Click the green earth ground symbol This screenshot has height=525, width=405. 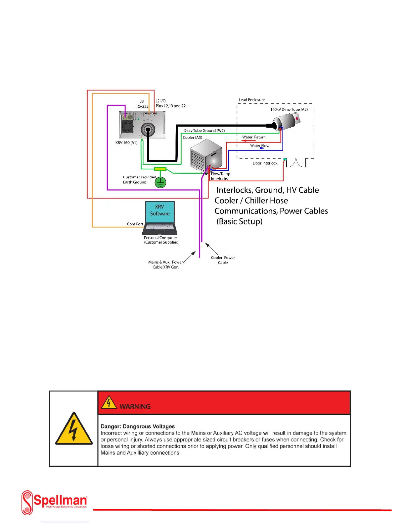click(160, 182)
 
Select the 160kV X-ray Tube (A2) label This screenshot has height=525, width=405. click(289, 109)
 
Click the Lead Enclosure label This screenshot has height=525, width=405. click(252, 100)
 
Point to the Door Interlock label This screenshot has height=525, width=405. click(265, 163)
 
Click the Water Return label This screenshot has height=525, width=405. click(254, 137)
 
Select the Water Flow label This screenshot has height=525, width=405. click(260, 146)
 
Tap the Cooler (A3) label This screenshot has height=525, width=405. click(192, 138)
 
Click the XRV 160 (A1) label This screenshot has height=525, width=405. click(126, 143)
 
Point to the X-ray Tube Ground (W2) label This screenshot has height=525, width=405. click(204, 131)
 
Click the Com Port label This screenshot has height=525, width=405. click(135, 224)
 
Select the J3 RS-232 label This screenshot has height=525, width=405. click(142, 104)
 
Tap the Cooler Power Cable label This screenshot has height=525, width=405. click(223, 260)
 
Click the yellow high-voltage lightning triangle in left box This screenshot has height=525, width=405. click(74, 430)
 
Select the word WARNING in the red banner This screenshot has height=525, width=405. click(135, 407)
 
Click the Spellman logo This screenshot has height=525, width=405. click(54, 502)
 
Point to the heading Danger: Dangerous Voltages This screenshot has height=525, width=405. click(138, 427)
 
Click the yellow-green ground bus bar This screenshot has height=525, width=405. click(160, 169)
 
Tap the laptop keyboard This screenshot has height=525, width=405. click(160, 228)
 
